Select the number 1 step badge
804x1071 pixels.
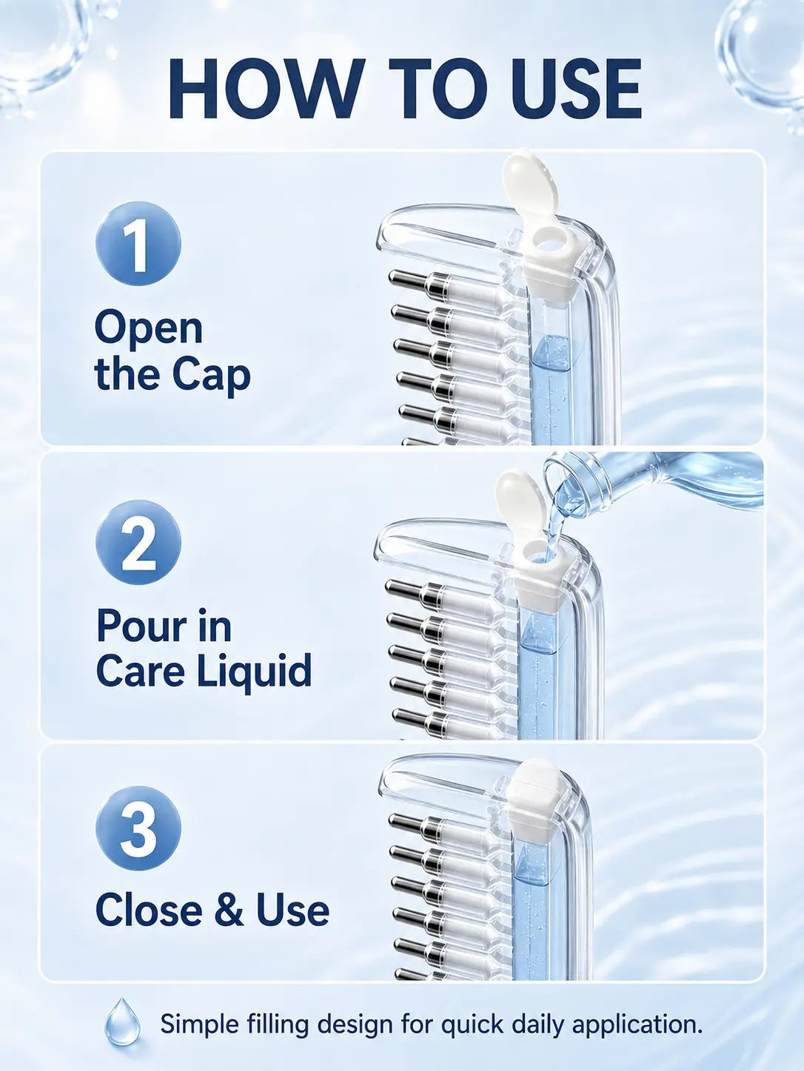coord(138,243)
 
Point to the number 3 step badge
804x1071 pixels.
coord(138,828)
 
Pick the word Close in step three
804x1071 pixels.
coord(149,910)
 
